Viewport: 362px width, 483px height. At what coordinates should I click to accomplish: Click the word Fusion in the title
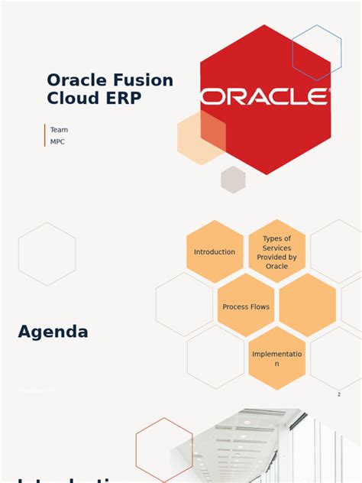143,80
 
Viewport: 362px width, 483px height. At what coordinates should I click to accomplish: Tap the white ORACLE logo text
265,96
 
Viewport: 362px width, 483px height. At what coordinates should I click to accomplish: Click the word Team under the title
59,130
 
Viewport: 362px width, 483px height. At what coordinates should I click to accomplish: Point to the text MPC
57,142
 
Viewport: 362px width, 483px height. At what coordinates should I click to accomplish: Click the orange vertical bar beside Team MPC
45,135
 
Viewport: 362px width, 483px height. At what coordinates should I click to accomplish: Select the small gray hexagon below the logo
233,180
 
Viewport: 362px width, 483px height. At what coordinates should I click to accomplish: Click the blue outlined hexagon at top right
316,53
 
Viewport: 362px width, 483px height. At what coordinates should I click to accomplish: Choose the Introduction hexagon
215,252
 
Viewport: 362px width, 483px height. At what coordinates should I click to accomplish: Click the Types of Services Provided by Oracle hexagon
276,252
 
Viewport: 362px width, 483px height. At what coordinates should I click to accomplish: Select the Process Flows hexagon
246,306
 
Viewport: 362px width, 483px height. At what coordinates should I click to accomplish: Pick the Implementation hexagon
276,358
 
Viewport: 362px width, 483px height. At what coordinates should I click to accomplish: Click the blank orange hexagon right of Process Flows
307,305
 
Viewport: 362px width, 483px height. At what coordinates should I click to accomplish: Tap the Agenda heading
53,332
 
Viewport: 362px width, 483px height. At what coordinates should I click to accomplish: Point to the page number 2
338,394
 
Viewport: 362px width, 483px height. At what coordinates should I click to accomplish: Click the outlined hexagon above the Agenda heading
47,254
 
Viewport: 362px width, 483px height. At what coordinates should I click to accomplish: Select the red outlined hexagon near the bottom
164,450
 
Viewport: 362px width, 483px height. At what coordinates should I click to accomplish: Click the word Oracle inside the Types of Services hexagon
276,267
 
